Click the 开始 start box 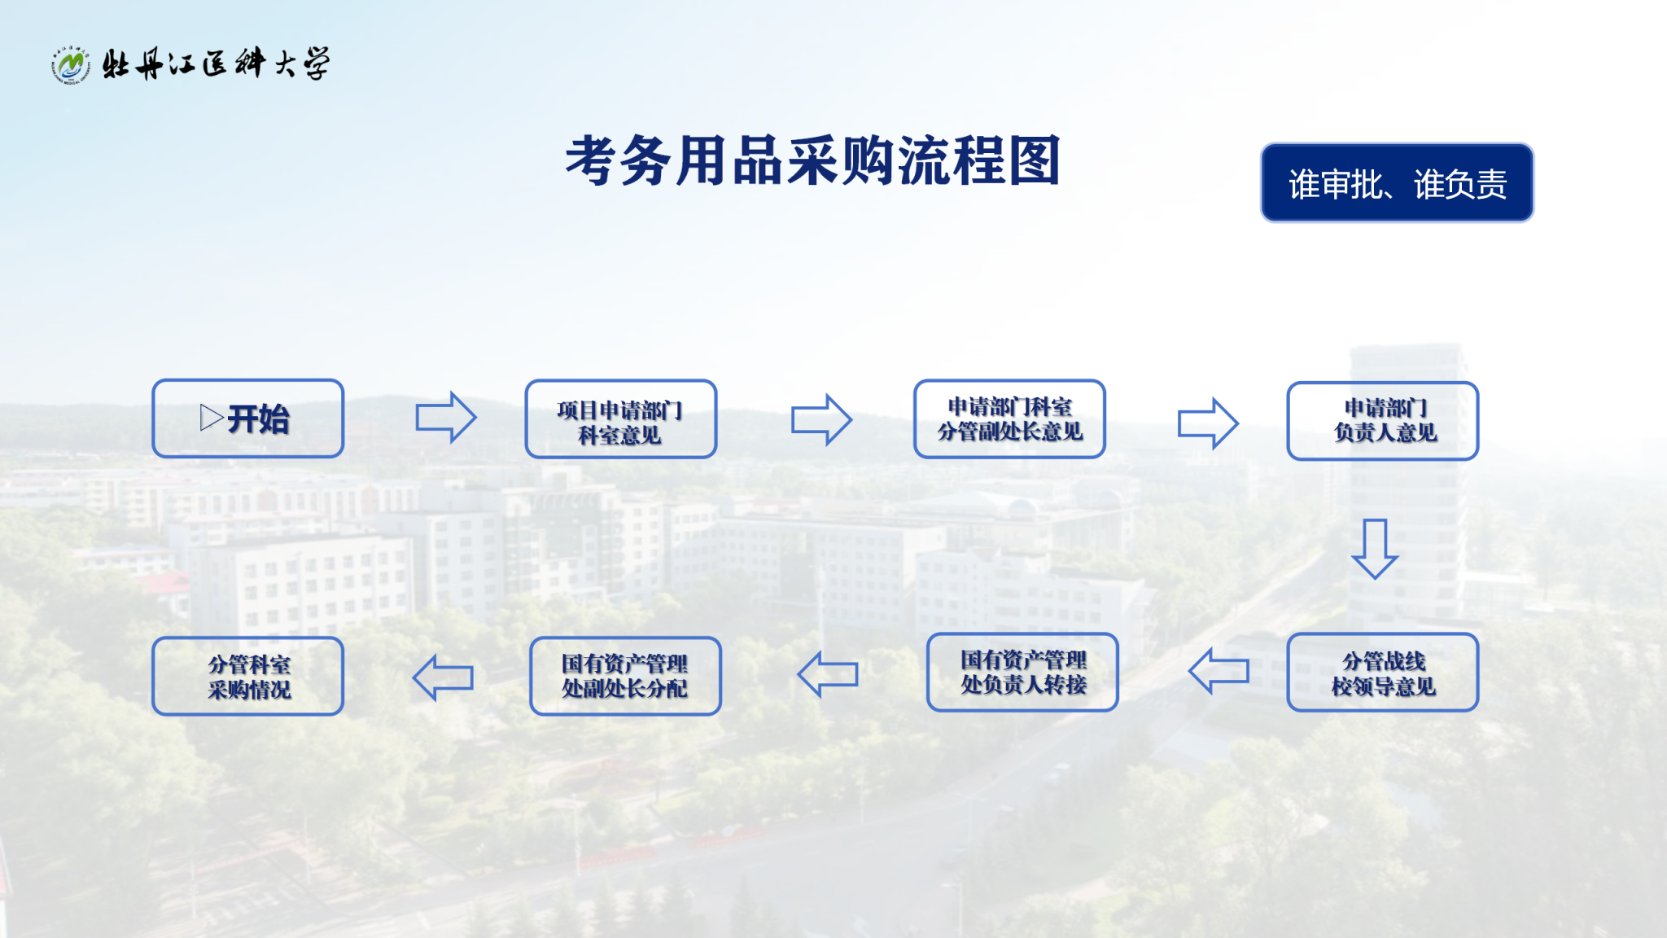[247, 419]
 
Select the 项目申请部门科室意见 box [620, 419]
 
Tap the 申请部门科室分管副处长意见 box [1009, 419]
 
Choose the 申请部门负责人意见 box [1382, 421]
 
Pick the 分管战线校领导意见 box [1382, 673]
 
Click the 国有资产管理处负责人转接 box [1022, 672]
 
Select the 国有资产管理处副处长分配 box [625, 676]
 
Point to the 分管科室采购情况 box [247, 677]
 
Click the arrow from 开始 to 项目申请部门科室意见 [445, 418]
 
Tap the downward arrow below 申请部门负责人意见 [1375, 549]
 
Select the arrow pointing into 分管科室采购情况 [443, 677]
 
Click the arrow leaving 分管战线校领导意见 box [1219, 671]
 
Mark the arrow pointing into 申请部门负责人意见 [1208, 423]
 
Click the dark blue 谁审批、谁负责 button [1397, 183]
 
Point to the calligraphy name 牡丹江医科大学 [217, 64]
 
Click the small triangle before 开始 [211, 418]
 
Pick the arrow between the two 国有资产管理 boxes [828, 674]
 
